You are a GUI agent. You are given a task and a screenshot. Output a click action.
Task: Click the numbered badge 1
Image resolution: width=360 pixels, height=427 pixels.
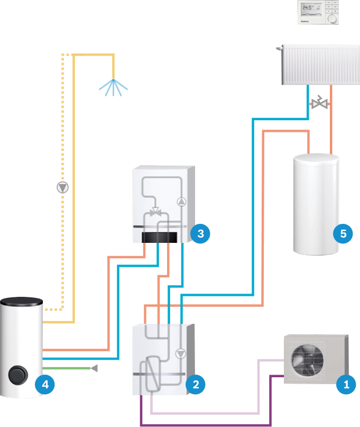(346, 385)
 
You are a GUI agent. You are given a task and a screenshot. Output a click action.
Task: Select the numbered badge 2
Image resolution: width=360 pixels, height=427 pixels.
(196, 385)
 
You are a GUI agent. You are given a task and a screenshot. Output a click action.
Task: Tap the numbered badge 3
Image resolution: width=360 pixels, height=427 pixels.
(200, 232)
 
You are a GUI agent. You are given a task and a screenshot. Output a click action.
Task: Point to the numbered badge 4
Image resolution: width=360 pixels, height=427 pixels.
(45, 385)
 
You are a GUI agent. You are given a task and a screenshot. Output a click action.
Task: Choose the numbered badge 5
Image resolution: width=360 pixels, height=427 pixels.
(343, 232)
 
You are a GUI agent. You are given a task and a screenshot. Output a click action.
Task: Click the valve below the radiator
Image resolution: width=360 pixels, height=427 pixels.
(319, 104)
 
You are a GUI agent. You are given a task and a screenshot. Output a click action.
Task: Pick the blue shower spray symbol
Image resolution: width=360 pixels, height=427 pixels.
(113, 87)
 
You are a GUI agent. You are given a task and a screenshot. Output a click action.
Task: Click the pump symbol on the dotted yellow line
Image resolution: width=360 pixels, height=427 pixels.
(63, 187)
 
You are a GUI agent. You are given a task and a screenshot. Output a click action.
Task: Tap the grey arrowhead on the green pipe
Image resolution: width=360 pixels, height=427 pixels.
(94, 368)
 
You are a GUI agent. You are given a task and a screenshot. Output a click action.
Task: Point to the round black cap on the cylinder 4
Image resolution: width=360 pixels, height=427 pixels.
(18, 376)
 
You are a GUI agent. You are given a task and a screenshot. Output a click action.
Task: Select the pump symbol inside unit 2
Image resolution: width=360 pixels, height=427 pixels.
(181, 353)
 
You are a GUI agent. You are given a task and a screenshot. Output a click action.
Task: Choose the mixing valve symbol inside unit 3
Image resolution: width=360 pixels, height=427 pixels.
(156, 212)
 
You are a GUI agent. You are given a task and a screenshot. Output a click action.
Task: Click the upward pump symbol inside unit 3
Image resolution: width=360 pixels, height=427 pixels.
(181, 201)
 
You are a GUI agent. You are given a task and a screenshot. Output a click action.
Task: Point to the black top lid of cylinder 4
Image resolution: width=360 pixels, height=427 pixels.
(21, 301)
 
